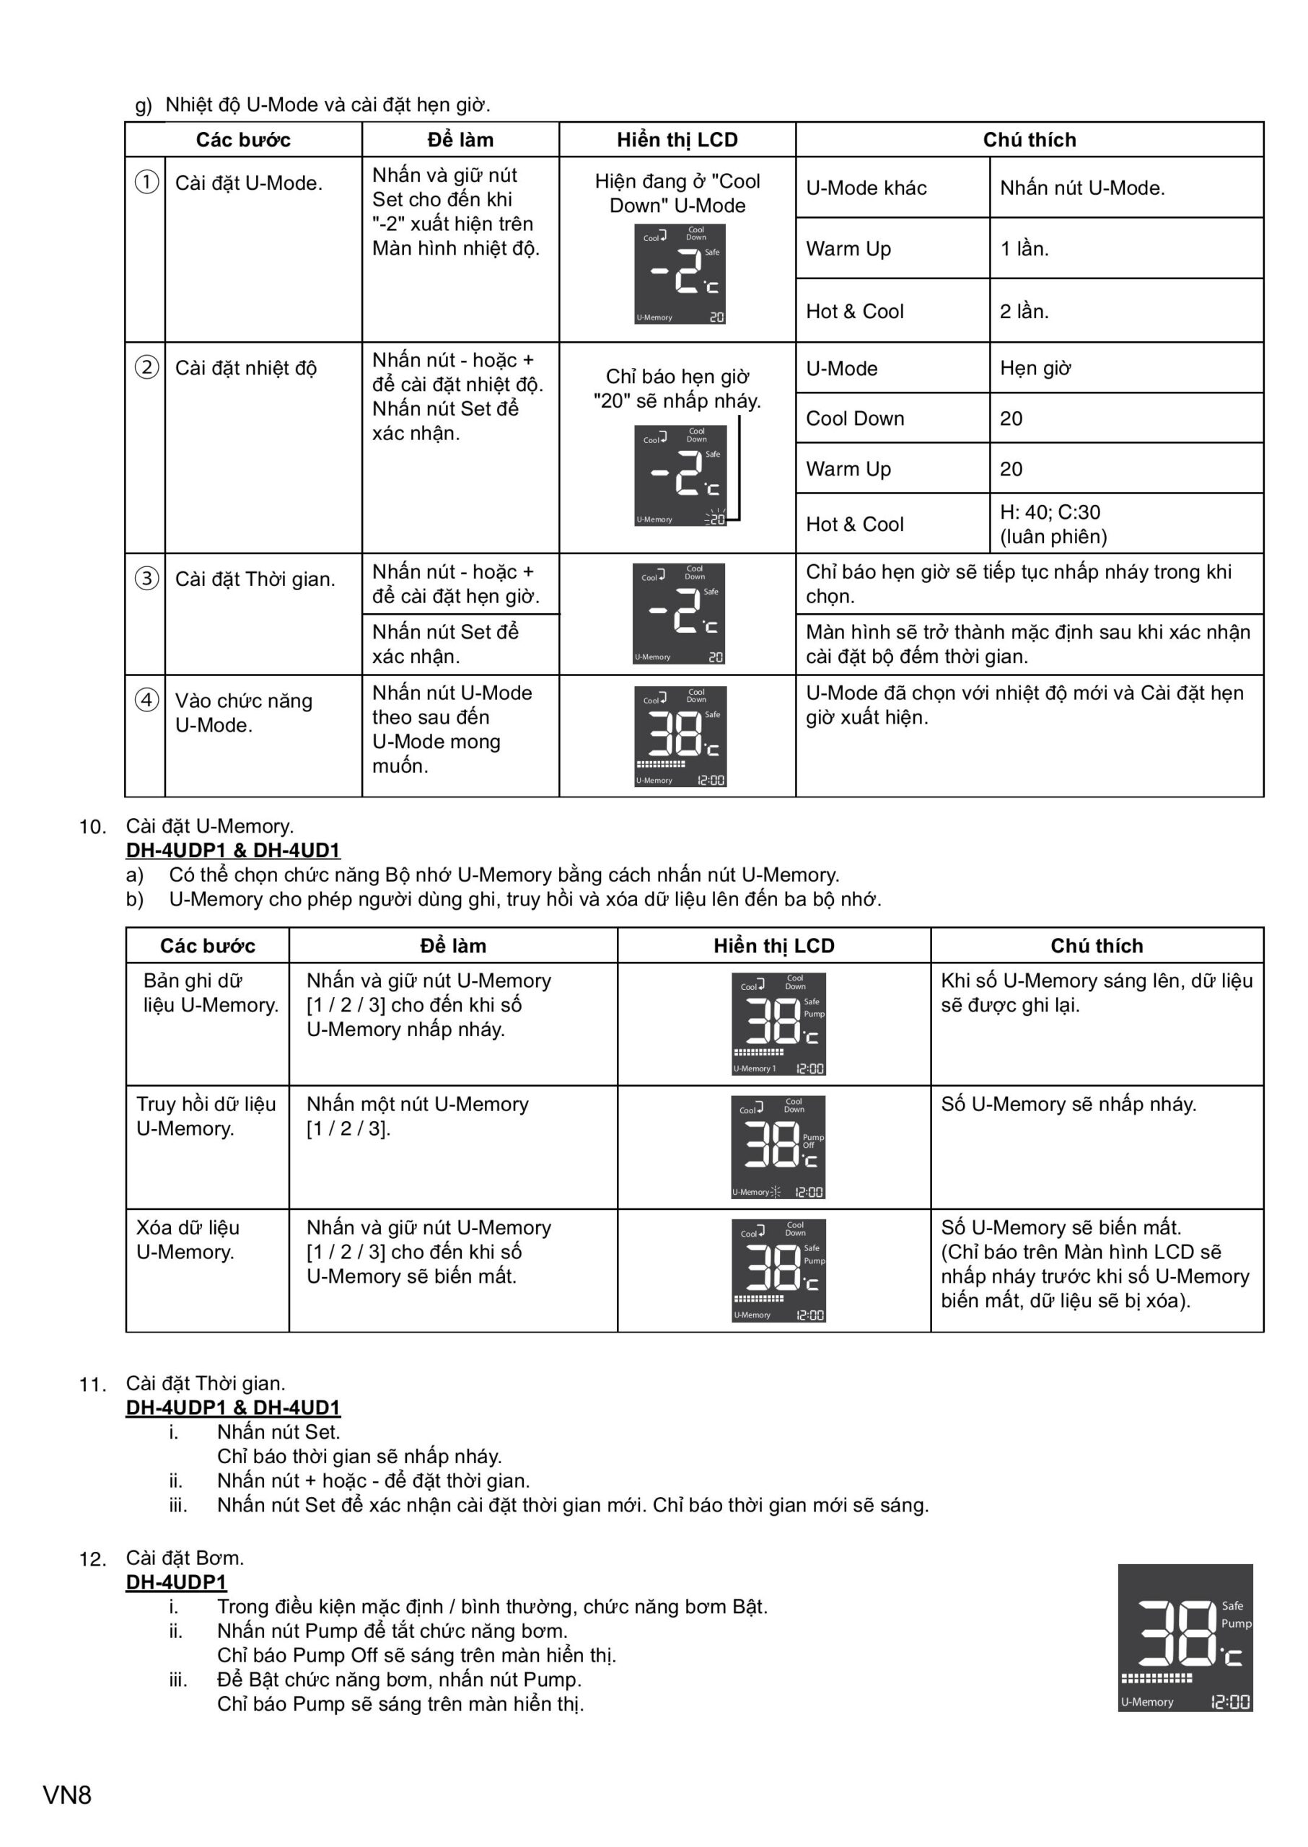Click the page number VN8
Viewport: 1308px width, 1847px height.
(68, 1794)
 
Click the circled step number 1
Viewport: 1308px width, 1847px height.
(146, 182)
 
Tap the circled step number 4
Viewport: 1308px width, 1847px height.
(146, 699)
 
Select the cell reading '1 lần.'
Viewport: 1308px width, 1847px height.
(1024, 248)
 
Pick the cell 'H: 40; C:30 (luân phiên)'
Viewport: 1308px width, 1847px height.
(1053, 524)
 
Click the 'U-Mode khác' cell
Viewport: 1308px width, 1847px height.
(866, 188)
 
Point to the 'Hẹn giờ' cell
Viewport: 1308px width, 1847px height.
(1035, 368)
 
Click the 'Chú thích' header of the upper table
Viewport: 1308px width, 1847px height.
(1029, 139)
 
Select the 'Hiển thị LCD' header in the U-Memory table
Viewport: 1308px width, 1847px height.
(773, 945)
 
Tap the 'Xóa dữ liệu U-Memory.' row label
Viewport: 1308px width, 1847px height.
(188, 1239)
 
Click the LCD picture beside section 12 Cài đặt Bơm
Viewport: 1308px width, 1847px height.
(1185, 1638)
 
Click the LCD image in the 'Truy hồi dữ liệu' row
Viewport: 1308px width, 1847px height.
(778, 1146)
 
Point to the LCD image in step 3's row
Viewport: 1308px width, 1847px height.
(678, 613)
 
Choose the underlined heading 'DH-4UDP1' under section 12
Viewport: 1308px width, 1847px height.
(176, 1582)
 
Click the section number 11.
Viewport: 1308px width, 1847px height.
(92, 1385)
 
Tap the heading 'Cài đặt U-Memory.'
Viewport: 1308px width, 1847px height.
(209, 825)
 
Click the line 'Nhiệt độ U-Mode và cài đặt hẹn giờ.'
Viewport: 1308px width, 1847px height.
(327, 105)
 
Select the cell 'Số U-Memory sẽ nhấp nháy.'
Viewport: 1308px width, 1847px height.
(1068, 1104)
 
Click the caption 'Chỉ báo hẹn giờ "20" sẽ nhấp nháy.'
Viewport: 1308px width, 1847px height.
(677, 388)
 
